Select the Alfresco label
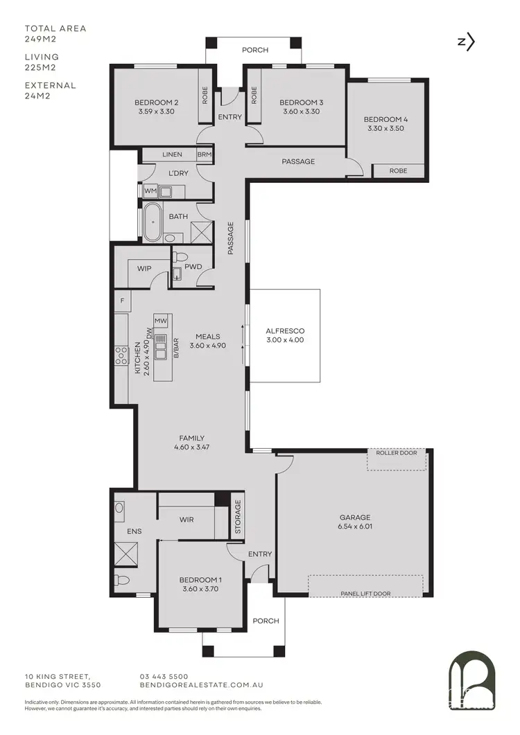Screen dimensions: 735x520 click(x=285, y=331)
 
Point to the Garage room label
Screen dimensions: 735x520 click(x=355, y=517)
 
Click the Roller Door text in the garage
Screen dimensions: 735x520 click(x=397, y=453)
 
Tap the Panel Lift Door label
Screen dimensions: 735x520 click(x=365, y=593)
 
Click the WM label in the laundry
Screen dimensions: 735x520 click(x=150, y=191)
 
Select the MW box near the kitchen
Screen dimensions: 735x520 click(x=161, y=321)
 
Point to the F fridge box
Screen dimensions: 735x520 click(x=122, y=301)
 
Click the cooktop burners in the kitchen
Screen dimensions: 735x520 click(x=121, y=355)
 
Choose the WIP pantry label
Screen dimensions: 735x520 click(x=144, y=267)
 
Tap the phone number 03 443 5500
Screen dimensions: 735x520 click(x=164, y=676)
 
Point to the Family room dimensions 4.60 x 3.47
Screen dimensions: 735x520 click(x=192, y=448)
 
